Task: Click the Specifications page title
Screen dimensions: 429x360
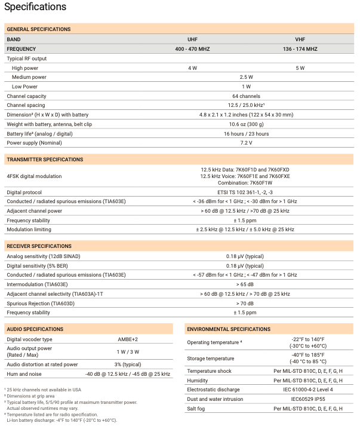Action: (x=35, y=8)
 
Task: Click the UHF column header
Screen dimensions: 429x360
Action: (x=192, y=39)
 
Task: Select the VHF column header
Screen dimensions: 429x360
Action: (x=300, y=39)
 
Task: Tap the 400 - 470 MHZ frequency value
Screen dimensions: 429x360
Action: (x=192, y=48)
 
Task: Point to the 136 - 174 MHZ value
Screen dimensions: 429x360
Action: (x=300, y=48)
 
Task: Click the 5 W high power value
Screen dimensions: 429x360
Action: (x=300, y=68)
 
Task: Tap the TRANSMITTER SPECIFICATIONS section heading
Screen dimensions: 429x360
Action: (x=45, y=160)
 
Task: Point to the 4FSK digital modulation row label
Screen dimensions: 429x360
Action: (x=34, y=176)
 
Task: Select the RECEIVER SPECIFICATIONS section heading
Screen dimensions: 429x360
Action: (x=39, y=246)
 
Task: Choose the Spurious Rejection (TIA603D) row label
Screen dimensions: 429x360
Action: (x=41, y=303)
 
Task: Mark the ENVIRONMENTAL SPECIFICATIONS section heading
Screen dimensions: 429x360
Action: (x=229, y=329)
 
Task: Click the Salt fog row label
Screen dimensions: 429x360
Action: (x=198, y=409)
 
